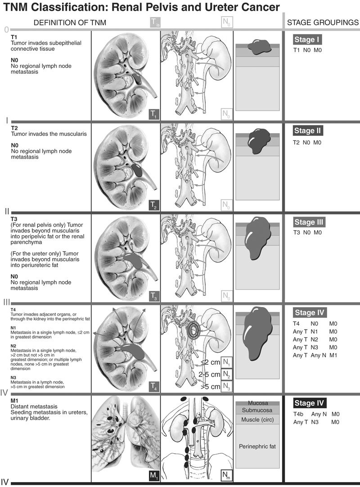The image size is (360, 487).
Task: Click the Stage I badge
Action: pos(309,40)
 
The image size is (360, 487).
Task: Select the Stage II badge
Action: pos(309,131)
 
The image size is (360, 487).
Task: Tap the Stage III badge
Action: pos(309,222)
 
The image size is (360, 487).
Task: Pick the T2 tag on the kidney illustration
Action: pos(154,206)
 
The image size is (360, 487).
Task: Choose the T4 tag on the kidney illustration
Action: pos(154,386)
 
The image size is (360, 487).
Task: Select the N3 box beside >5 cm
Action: pos(226,386)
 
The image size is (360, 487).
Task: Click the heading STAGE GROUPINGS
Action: pos(323,22)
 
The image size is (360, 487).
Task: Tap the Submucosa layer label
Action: pos(257,410)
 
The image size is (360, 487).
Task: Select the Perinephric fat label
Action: pos(257,446)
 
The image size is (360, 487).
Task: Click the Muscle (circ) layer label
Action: pos(257,420)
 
